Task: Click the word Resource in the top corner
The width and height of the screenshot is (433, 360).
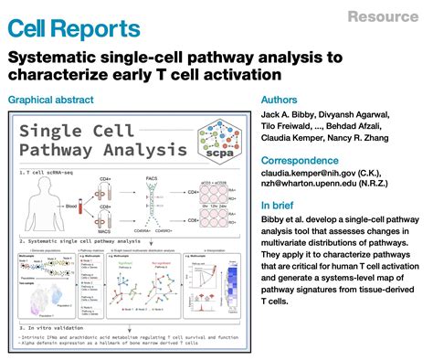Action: click(x=385, y=16)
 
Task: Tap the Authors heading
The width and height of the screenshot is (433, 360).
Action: click(x=282, y=99)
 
